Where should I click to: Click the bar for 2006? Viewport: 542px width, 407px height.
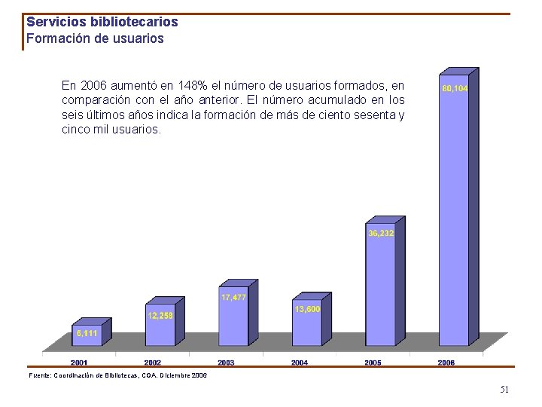454,219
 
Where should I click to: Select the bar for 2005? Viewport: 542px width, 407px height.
380,290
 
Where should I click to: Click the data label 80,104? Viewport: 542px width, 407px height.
455,89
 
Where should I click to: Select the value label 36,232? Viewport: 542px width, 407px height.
381,234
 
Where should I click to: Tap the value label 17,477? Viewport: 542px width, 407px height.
233,298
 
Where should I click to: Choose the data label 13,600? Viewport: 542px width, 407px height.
306,309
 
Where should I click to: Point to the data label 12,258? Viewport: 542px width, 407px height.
160,316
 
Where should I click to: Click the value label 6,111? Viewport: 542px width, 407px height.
86,332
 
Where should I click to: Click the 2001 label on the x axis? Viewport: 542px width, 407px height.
79,363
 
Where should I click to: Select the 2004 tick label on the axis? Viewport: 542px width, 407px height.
300,363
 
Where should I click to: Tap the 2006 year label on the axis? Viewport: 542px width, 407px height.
446,363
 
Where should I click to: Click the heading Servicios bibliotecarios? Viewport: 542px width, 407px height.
102,23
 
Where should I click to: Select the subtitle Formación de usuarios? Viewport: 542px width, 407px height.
95,38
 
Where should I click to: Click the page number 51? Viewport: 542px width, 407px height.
504,390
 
